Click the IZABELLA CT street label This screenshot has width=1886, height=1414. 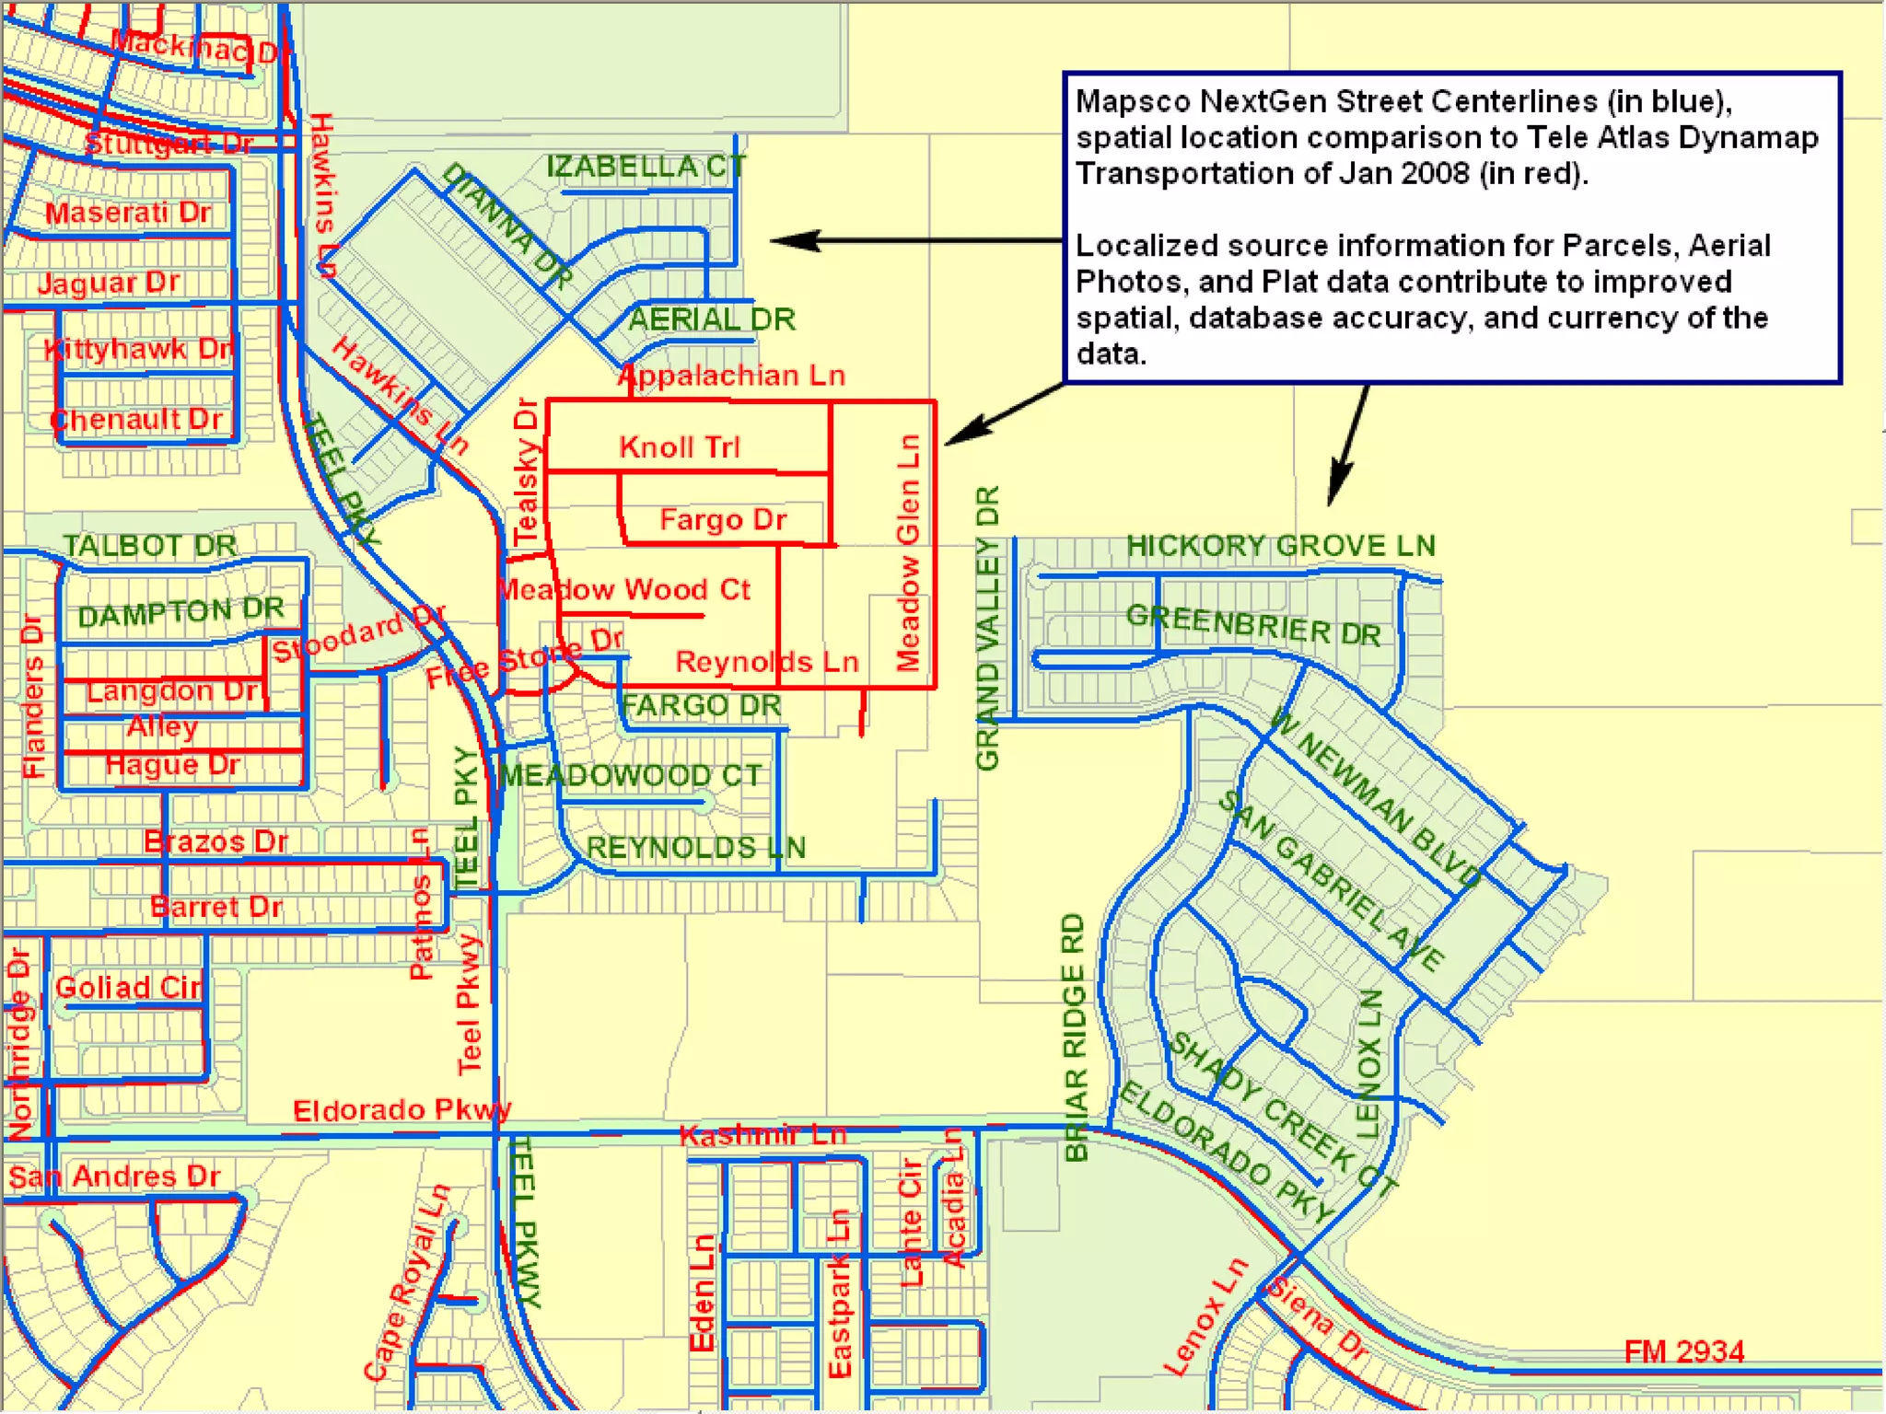click(x=646, y=168)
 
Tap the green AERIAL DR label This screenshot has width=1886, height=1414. click(x=712, y=319)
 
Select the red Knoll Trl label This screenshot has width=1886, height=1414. click(x=680, y=447)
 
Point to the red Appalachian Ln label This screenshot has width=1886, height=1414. click(x=731, y=376)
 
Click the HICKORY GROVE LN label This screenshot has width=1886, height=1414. click(x=1280, y=545)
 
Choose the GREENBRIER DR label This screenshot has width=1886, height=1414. click(x=1253, y=625)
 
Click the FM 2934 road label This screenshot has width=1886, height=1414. click(x=1683, y=1351)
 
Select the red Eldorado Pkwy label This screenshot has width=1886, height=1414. click(x=402, y=1110)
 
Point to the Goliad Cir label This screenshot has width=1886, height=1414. click(x=128, y=988)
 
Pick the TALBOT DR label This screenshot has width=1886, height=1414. click(x=150, y=545)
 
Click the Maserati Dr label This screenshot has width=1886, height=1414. click(x=129, y=213)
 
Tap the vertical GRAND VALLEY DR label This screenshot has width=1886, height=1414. click(x=987, y=628)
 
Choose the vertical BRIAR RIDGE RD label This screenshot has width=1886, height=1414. click(x=1075, y=1037)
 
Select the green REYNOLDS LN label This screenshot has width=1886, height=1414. click(x=696, y=848)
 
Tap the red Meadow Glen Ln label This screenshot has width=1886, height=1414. click(x=908, y=552)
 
